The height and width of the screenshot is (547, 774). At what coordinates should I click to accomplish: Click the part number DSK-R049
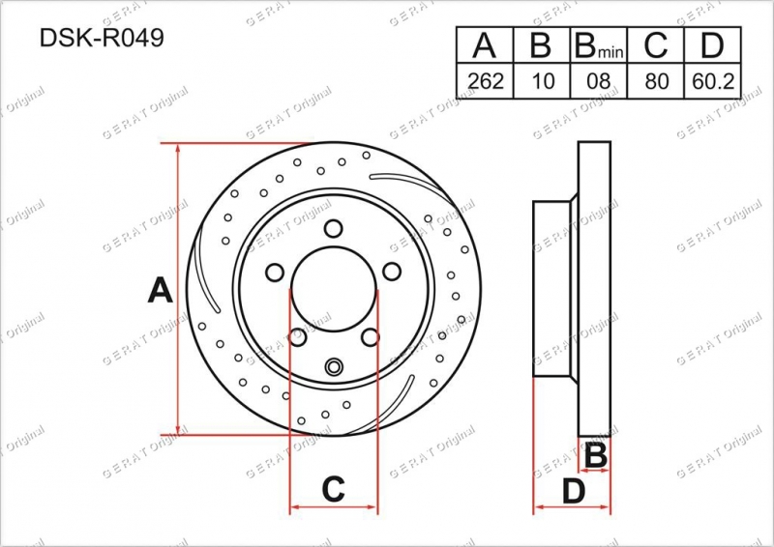click(102, 38)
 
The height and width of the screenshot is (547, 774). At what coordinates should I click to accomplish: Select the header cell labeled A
click(485, 44)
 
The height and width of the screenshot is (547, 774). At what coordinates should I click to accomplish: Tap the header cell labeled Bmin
click(599, 44)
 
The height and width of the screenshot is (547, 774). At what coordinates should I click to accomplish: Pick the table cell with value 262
click(485, 81)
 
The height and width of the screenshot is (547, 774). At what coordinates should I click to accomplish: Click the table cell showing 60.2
click(713, 81)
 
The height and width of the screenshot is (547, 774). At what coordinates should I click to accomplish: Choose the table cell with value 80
click(656, 81)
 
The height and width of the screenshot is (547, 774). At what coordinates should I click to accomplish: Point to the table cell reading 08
click(599, 81)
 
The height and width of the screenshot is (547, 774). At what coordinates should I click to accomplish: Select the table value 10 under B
click(542, 81)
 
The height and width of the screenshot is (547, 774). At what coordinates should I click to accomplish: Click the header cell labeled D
click(713, 44)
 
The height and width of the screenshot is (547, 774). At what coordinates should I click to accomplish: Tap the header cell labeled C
click(656, 44)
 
